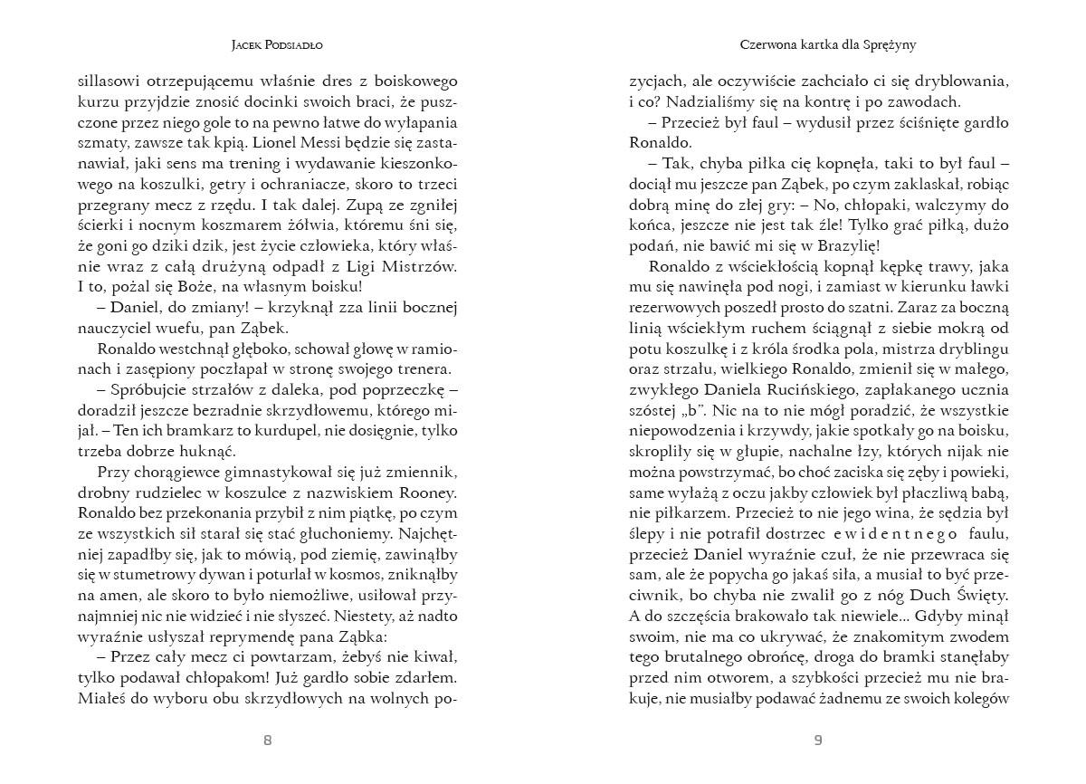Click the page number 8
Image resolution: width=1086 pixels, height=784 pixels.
[x=267, y=740]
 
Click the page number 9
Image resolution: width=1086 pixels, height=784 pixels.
[x=818, y=740]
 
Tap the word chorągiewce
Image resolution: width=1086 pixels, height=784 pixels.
[x=189, y=472]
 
